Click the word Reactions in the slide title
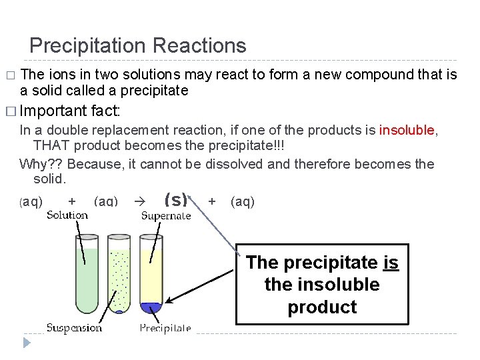click(x=199, y=46)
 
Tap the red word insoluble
click(x=407, y=130)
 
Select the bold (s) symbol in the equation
click(x=175, y=200)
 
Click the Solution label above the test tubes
click(x=67, y=215)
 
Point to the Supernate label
click(x=166, y=215)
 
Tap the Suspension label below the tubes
click(x=74, y=327)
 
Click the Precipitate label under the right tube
click(x=165, y=327)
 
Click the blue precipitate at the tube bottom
click(x=151, y=307)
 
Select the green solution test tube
click(x=87, y=273)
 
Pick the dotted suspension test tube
click(x=119, y=277)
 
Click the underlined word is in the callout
click(x=391, y=263)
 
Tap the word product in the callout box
click(x=322, y=307)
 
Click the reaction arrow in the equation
click(x=139, y=201)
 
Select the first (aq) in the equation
click(x=31, y=201)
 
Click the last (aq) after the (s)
click(x=243, y=201)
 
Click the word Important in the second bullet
click(x=55, y=111)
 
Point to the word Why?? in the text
click(x=41, y=164)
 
